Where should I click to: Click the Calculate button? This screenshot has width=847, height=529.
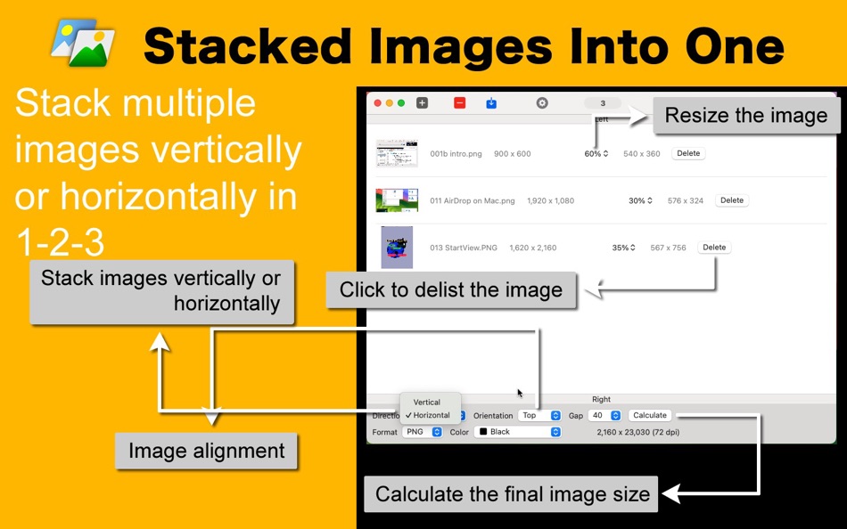[650, 415]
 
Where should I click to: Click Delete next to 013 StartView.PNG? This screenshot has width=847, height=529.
[714, 248]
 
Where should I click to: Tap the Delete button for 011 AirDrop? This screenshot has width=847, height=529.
[731, 200]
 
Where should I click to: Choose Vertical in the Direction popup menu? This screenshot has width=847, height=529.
[427, 403]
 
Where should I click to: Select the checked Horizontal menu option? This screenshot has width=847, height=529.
[431, 415]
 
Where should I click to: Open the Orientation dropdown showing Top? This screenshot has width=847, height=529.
[540, 415]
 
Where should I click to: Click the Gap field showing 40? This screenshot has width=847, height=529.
[604, 415]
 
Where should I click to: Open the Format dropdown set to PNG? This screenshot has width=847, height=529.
[422, 432]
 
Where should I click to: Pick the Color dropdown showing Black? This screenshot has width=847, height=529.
[518, 432]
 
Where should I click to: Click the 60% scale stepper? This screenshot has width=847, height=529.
[597, 154]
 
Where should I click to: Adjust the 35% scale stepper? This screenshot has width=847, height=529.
[624, 248]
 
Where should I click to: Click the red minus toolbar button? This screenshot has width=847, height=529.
[459, 103]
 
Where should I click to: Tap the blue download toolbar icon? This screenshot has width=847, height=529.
[491, 103]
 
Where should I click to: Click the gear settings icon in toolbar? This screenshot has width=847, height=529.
[542, 103]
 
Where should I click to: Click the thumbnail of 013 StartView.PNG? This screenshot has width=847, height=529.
[397, 248]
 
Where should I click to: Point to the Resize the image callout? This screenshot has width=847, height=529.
[745, 116]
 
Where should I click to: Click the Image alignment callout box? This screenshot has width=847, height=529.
[206, 451]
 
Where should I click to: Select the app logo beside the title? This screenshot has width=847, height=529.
[83, 42]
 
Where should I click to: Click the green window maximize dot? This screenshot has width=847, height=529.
[401, 103]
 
